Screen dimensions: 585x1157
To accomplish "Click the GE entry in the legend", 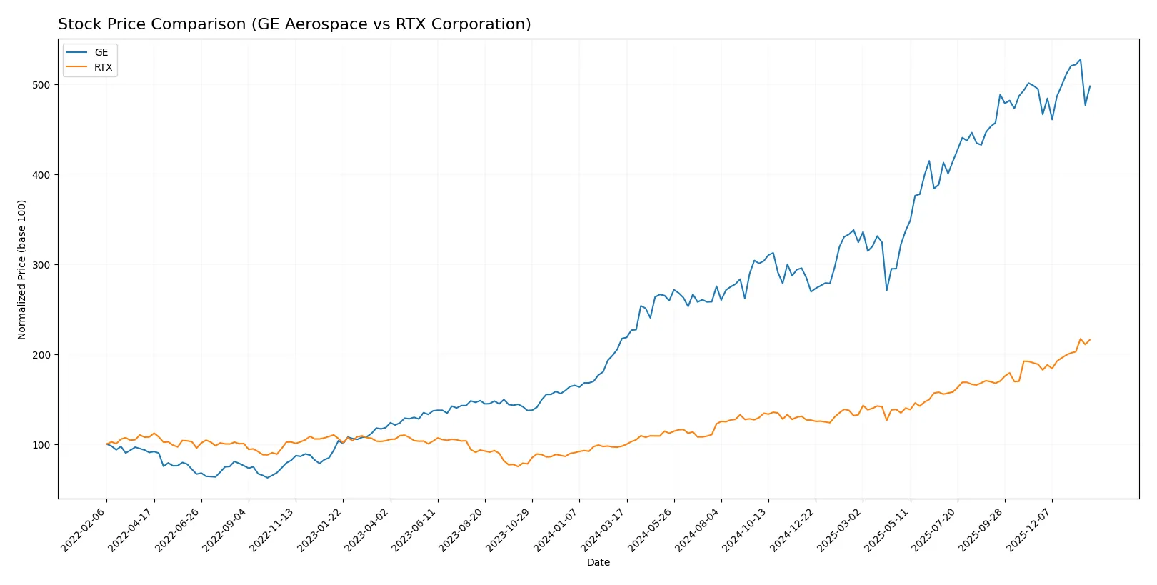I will tap(101, 52).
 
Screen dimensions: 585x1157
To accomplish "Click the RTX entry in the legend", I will tap(103, 67).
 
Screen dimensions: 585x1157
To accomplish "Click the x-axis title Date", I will tap(598, 563).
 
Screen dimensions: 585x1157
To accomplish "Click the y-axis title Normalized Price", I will tap(22, 269).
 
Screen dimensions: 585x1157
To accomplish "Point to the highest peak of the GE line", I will tap(1080, 59).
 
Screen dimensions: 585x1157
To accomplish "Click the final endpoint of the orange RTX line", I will tap(1090, 339).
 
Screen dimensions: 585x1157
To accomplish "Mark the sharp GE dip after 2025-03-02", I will tap(886, 290).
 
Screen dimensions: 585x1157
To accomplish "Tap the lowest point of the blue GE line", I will tap(267, 477).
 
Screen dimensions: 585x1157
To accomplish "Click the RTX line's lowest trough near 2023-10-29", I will tap(518, 466).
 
